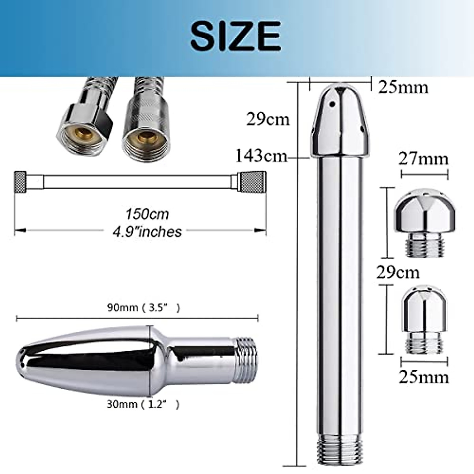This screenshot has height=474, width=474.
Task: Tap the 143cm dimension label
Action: pos(261,156)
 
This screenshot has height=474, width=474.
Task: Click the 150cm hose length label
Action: pos(147,214)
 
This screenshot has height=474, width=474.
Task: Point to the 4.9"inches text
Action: pos(147,231)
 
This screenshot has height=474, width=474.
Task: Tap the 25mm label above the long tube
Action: pos(403,87)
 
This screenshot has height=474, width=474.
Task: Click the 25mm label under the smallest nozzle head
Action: pos(423,377)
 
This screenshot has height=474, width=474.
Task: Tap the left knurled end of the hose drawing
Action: pos(21,182)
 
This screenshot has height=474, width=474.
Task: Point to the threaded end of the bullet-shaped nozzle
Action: pos(245,360)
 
